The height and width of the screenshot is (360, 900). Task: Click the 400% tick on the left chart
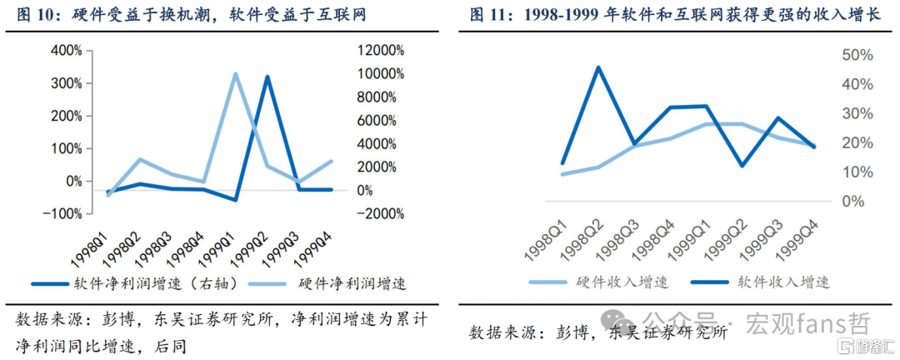(x=68, y=51)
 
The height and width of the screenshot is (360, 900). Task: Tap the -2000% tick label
(x=380, y=213)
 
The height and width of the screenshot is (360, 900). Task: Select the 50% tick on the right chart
(x=858, y=55)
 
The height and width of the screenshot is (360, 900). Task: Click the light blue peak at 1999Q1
(x=235, y=73)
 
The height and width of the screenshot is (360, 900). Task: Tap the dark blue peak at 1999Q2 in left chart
(x=267, y=77)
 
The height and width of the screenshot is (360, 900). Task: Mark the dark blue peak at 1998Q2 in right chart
(x=598, y=67)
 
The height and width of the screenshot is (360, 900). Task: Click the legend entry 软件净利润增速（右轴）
(x=134, y=283)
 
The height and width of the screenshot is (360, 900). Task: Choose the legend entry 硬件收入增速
(x=599, y=282)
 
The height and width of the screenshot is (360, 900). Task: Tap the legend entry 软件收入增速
(x=760, y=282)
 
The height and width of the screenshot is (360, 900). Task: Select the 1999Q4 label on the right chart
(x=792, y=235)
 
